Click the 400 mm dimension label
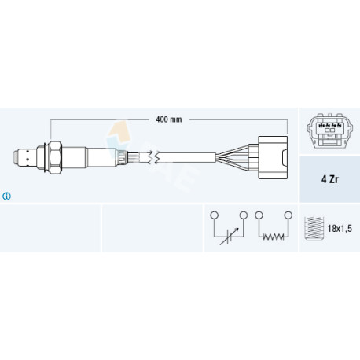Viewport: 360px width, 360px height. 168,119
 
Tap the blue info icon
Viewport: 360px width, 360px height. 6,196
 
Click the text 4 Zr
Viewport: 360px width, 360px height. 330,179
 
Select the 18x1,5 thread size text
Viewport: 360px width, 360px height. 340,229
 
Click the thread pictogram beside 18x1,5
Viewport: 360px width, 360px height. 314,228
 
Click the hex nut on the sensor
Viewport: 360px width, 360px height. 55,158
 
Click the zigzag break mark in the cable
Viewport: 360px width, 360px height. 153,158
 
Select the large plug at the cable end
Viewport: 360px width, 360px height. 273,158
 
